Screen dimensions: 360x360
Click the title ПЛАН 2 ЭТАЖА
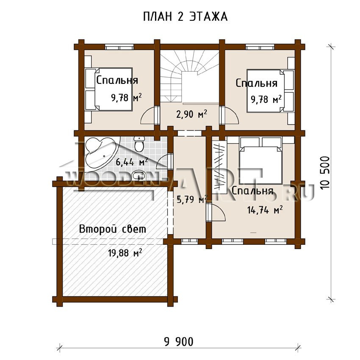185,17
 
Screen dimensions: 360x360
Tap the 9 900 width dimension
179,342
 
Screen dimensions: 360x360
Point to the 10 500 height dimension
325,173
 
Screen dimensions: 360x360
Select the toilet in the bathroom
139,144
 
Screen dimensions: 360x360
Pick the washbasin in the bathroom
139,176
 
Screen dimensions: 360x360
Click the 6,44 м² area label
132,162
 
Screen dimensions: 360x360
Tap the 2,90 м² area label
191,114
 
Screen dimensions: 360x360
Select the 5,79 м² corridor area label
192,199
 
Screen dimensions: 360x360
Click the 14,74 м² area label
265,210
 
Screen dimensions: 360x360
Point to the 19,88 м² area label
125,253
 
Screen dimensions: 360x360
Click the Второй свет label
113,229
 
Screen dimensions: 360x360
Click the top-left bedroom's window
119,47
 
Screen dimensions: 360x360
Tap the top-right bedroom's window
260,47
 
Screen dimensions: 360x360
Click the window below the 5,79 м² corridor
189,241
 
